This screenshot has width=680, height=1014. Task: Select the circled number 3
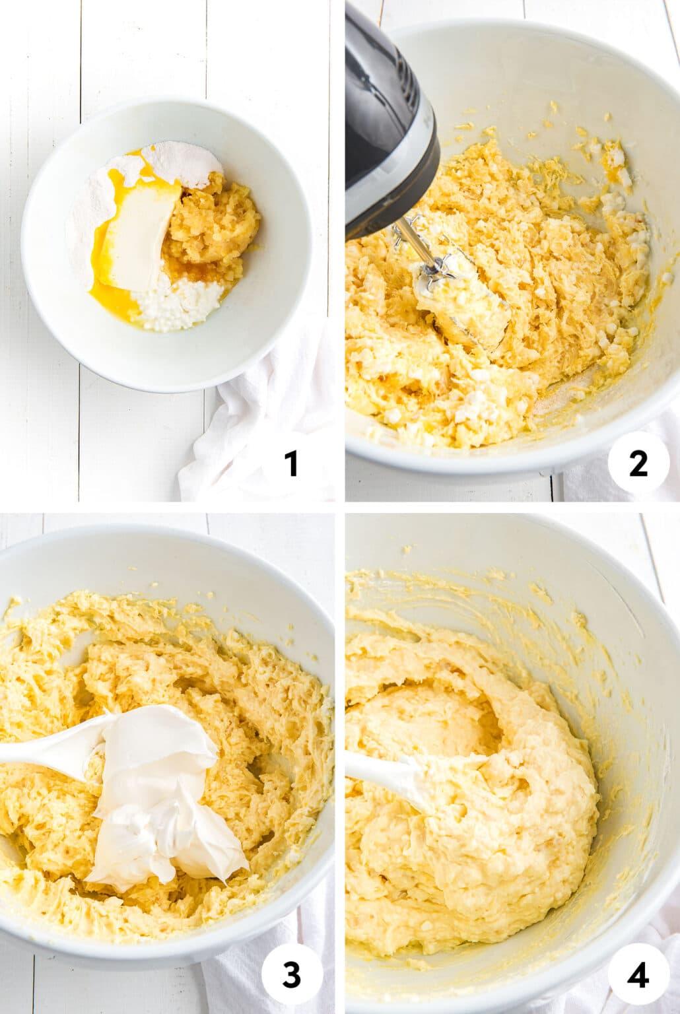291,976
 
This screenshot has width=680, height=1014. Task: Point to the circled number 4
638,976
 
